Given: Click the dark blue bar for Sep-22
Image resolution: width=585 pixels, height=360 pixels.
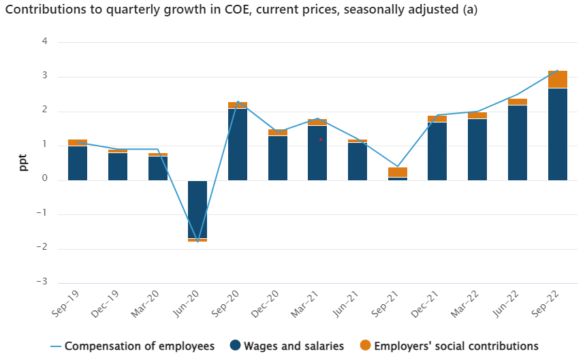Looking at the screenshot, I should pos(558,134).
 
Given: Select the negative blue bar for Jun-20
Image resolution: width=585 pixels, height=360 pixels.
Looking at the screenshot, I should pos(197,209).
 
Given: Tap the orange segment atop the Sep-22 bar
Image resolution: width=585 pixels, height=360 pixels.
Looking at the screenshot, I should pos(558,79).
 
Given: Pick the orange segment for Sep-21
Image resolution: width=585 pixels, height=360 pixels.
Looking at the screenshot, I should pos(398,172).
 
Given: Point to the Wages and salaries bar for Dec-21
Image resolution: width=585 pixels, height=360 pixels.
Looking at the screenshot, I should pos(437,151).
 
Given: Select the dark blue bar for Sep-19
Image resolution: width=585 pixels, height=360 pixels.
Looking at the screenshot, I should pos(78,163).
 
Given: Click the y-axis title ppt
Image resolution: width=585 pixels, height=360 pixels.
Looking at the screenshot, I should pos(23,162).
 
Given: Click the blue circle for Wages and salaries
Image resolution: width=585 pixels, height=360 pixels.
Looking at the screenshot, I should pos(235,346).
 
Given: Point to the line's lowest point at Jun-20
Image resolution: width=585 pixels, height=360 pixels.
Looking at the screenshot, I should pos(197,241).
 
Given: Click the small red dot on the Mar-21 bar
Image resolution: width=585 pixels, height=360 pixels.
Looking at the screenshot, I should pos(321,140).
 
